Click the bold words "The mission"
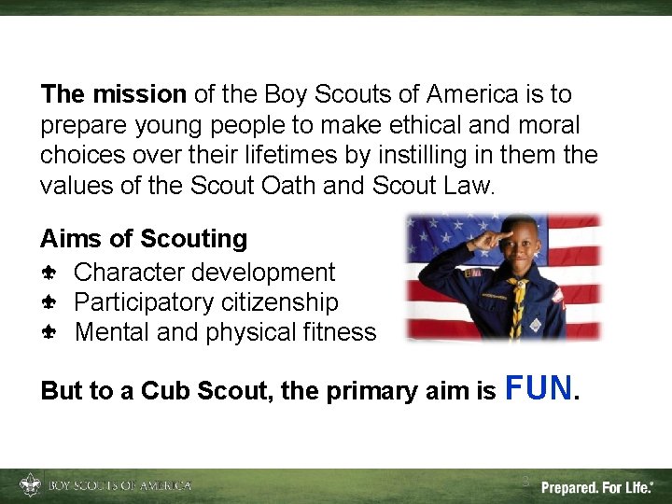(x=113, y=94)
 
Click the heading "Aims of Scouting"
(x=144, y=239)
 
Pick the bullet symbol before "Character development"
(x=49, y=273)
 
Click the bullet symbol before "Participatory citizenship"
(x=49, y=302)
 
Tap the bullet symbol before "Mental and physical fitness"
(x=49, y=332)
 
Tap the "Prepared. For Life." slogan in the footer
(x=597, y=487)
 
